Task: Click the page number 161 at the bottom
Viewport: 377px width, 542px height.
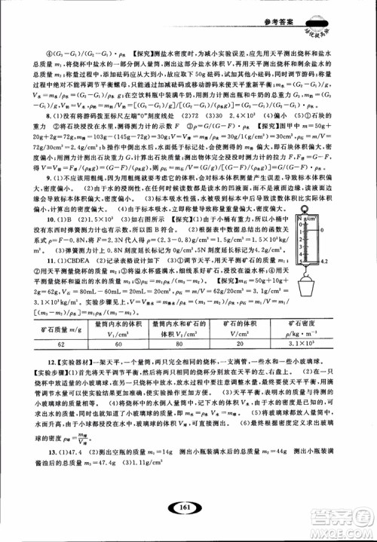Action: [x=188, y=507]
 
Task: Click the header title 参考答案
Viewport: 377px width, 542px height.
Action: [x=313, y=8]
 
